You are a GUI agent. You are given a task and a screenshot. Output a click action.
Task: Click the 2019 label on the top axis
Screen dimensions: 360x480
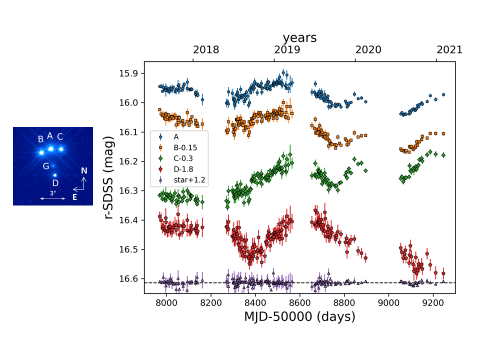coord(287,50)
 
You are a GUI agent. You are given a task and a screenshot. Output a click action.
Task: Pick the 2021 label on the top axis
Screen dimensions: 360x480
coord(449,50)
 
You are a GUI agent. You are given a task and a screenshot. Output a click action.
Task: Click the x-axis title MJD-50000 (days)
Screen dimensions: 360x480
coord(299,316)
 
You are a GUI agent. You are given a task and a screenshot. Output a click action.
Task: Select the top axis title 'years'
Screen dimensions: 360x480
coord(299,38)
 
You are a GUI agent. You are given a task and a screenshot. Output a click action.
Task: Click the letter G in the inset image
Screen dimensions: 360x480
coord(46,166)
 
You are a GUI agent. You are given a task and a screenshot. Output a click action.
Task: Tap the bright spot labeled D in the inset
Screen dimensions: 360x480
coord(54,175)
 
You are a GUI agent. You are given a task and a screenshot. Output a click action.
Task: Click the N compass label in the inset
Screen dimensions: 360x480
coord(84,171)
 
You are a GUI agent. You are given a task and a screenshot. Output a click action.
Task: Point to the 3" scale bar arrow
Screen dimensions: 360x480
coord(52,198)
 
